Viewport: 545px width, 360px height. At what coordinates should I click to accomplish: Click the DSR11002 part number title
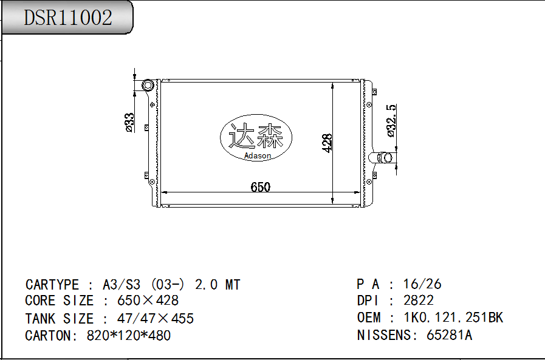[68, 18]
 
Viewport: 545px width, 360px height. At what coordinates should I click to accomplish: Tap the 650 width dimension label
[260, 187]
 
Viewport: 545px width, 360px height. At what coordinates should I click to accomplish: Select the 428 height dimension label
[327, 143]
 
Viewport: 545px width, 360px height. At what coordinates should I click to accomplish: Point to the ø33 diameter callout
[129, 123]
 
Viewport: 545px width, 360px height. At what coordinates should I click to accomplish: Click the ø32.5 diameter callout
[391, 120]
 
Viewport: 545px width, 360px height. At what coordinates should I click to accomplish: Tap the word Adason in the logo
[258, 155]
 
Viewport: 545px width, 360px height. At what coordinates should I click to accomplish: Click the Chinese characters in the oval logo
[255, 136]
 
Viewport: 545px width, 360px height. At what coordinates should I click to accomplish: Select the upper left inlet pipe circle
[148, 85]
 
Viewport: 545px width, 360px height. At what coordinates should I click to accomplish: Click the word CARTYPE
[52, 285]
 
